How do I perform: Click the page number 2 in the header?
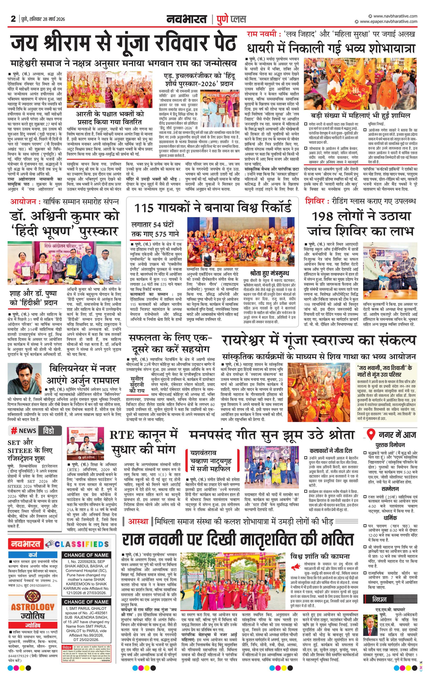(13, 19)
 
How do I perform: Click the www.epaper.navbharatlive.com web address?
(388, 22)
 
